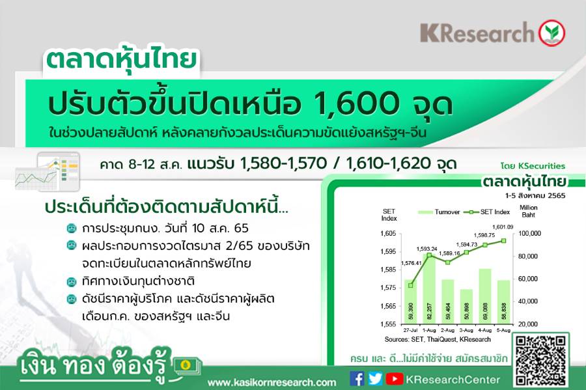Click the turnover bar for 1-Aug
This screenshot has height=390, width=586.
point(429,288)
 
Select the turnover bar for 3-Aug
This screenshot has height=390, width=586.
point(466,306)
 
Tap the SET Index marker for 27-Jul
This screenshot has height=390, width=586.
point(411,285)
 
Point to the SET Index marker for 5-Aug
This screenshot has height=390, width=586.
point(503,241)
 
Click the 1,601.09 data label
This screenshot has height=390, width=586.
point(503,227)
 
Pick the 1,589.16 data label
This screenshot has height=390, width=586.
point(449,253)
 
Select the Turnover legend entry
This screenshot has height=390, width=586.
point(439,212)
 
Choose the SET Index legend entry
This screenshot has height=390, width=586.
point(486,212)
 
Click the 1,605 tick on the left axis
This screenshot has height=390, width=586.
point(388,234)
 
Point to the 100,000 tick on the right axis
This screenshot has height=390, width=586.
point(529,234)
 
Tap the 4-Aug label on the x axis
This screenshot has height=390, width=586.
point(484,330)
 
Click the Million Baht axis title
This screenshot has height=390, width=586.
point(529,211)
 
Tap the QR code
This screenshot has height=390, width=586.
point(540,361)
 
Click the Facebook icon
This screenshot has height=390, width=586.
point(357,378)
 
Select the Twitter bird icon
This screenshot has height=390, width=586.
point(375,379)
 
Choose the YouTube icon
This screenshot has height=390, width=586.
point(395,379)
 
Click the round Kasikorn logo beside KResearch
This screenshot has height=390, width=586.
point(551,33)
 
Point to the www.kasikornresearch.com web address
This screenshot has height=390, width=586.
point(272,383)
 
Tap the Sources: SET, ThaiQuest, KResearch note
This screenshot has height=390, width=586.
point(438,339)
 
